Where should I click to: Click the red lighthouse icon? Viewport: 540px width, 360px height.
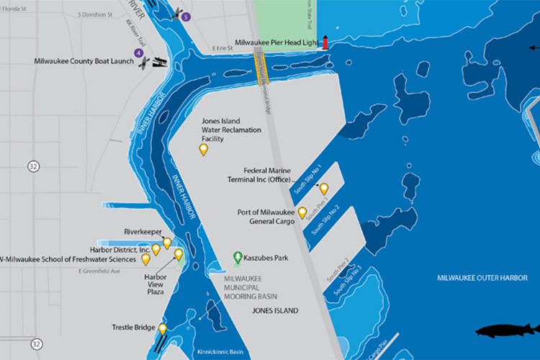pyautogui.click(x=325, y=42)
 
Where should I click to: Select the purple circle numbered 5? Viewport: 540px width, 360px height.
pyautogui.click(x=186, y=17)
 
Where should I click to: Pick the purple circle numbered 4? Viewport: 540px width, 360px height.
pyautogui.click(x=138, y=53)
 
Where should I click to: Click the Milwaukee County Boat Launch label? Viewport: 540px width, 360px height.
pyautogui.click(x=84, y=62)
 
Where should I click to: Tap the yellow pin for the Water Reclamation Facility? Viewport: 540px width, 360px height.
pyautogui.click(x=204, y=149)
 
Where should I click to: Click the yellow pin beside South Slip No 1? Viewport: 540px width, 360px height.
pyautogui.click(x=324, y=189)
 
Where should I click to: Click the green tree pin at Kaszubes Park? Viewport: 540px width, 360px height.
pyautogui.click(x=238, y=257)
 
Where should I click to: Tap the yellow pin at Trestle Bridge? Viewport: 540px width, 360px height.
pyautogui.click(x=163, y=329)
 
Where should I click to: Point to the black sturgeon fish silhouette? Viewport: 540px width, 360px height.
pyautogui.click(x=508, y=330)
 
